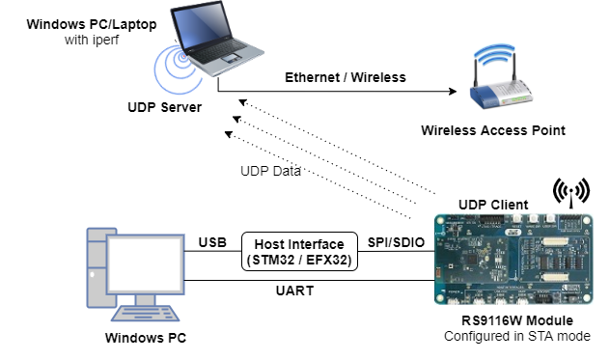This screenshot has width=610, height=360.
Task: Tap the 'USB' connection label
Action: [x=212, y=241]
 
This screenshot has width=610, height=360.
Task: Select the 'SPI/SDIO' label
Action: [x=393, y=241]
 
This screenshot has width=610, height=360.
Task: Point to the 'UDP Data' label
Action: [x=271, y=171]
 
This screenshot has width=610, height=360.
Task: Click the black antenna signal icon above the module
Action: [x=570, y=192]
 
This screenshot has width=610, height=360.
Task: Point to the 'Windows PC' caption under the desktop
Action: [x=145, y=339]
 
